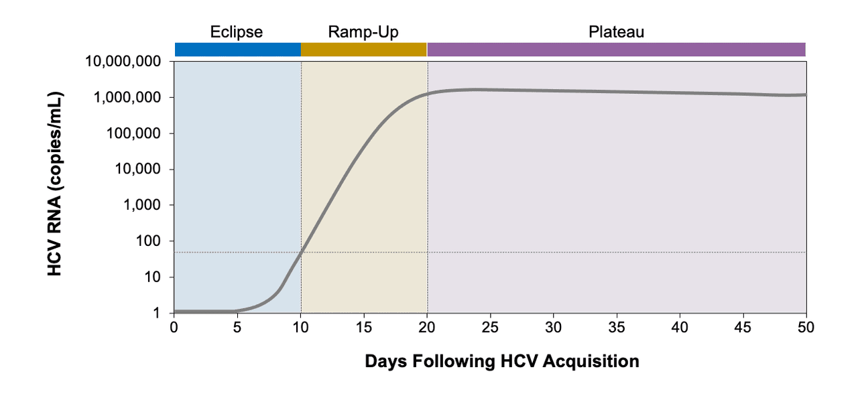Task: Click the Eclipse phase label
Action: [236, 32]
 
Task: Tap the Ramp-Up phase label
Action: [363, 32]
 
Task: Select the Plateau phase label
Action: [616, 32]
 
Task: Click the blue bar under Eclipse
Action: [237, 50]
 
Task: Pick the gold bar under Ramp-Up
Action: [363, 50]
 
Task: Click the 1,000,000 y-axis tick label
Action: [127, 98]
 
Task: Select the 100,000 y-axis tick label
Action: [133, 133]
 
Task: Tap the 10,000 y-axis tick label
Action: [137, 170]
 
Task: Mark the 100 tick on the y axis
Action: [149, 241]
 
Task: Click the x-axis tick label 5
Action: [237, 327]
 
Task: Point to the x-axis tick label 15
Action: [363, 327]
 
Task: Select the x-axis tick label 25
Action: [490, 327]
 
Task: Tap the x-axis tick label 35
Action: [616, 327]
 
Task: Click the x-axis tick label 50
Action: [806, 327]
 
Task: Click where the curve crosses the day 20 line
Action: [427, 94]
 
